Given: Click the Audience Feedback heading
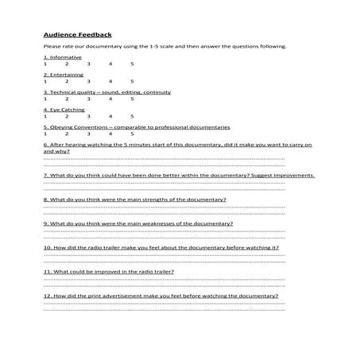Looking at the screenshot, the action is coord(77,34).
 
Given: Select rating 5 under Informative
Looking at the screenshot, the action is coord(132,63).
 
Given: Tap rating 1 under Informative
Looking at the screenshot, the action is coord(45,63).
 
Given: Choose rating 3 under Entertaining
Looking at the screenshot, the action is coord(88,80).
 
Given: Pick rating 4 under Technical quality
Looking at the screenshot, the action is coord(110,98).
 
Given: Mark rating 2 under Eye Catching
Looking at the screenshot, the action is coord(67,115).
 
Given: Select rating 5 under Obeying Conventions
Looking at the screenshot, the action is coord(132,133).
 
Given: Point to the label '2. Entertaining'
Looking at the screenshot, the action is coord(63,75).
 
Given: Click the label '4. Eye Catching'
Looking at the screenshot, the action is coord(64,110).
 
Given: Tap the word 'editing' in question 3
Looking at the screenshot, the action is coord(140,92).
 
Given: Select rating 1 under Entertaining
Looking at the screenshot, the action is coord(45,80).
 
